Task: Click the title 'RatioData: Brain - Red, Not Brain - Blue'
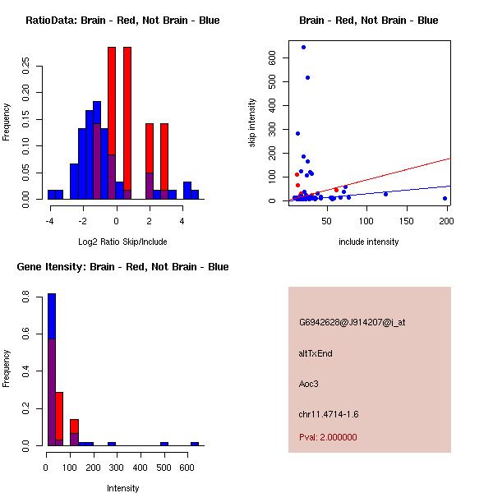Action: pyautogui.click(x=122, y=20)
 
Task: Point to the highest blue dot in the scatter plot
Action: pyautogui.click(x=303, y=47)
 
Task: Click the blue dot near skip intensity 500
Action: pyautogui.click(x=307, y=77)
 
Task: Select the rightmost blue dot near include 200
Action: pyautogui.click(x=445, y=198)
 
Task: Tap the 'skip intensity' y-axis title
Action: pyautogui.click(x=253, y=123)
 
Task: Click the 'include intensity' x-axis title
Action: pyautogui.click(x=368, y=242)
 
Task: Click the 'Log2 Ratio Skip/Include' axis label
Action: pyautogui.click(x=122, y=242)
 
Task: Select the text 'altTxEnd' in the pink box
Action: pyautogui.click(x=316, y=353)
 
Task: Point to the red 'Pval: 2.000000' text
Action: pyautogui.click(x=328, y=437)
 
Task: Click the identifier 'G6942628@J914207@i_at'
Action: pyautogui.click(x=352, y=322)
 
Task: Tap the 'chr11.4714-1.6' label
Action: pyautogui.click(x=328, y=413)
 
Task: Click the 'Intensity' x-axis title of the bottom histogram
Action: pyautogui.click(x=122, y=488)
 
